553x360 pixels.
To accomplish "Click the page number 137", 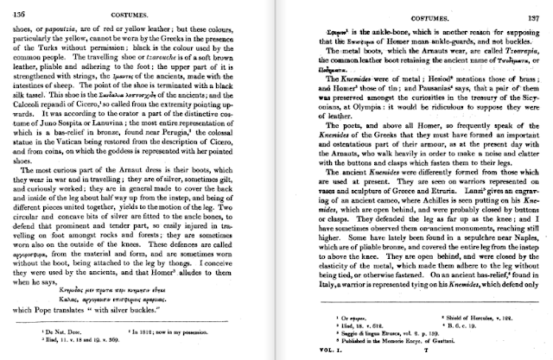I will tap(537, 7).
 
